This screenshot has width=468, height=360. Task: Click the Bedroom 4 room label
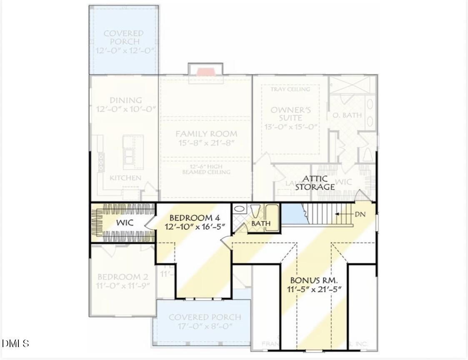coord(194,218)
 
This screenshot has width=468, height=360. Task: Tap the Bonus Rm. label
coord(314,280)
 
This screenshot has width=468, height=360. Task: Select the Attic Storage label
coord(315,183)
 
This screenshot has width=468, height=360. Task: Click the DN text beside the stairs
coord(360,214)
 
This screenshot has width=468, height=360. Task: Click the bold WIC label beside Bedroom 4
coord(125,223)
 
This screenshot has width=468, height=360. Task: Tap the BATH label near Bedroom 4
coord(260,224)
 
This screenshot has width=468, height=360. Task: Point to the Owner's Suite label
coord(290,114)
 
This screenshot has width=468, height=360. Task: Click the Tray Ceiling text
coord(290,89)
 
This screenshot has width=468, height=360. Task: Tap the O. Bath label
coord(347,115)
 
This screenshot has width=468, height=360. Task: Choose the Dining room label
coord(125,100)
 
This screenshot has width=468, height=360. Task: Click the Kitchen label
coord(125,178)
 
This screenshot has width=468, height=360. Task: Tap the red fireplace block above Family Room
coord(205,72)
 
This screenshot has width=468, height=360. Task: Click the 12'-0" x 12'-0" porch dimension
coord(123,50)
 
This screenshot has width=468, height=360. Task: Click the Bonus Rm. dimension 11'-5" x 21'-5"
coord(314,289)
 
